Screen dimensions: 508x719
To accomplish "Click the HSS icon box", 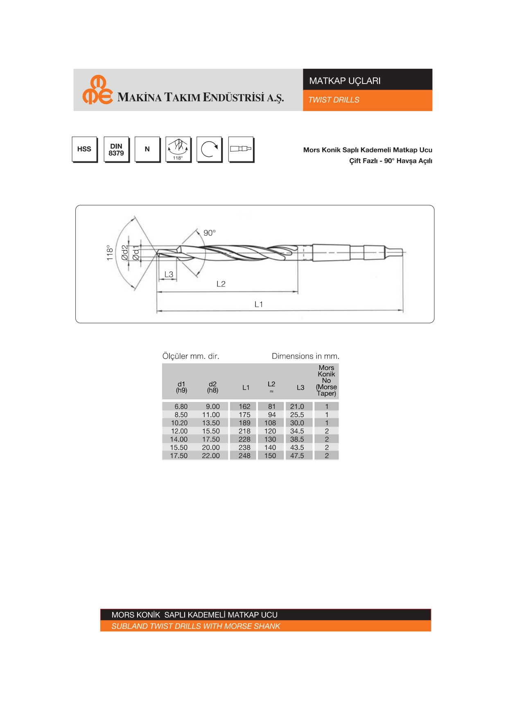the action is pyautogui.click(x=85, y=150).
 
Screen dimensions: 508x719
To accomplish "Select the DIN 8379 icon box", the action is pyautogui.click(x=116, y=150).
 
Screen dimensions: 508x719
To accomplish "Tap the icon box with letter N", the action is pyautogui.click(x=147, y=150).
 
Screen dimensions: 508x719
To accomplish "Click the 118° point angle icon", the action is pyautogui.click(x=178, y=150).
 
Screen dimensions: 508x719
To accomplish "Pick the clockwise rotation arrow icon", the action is pyautogui.click(x=210, y=150).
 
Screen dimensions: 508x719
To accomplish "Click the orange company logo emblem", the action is pyautogui.click(x=97, y=90).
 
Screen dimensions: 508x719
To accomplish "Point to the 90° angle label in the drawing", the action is pyautogui.click(x=210, y=233).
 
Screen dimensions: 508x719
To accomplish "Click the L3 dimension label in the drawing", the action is pyautogui.click(x=169, y=274).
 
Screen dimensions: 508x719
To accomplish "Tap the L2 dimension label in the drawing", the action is pyautogui.click(x=221, y=284).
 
